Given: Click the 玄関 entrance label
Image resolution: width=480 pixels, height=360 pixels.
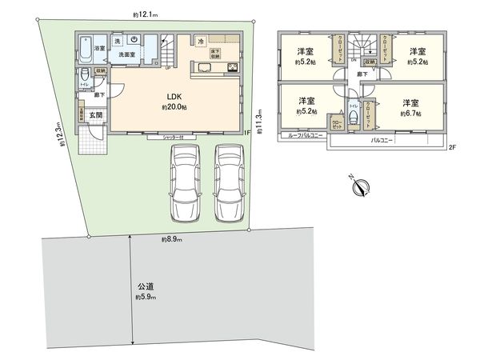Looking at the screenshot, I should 95,115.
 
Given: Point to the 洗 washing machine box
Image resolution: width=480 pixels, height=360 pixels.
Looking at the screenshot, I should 117,40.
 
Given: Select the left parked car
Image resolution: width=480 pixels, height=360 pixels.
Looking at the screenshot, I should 183,183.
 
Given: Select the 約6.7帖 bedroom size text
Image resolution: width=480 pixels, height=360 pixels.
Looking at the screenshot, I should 412,113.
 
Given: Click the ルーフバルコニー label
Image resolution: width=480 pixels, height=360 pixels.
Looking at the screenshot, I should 302,137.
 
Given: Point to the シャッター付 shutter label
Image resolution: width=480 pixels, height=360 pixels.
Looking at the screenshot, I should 174,138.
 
